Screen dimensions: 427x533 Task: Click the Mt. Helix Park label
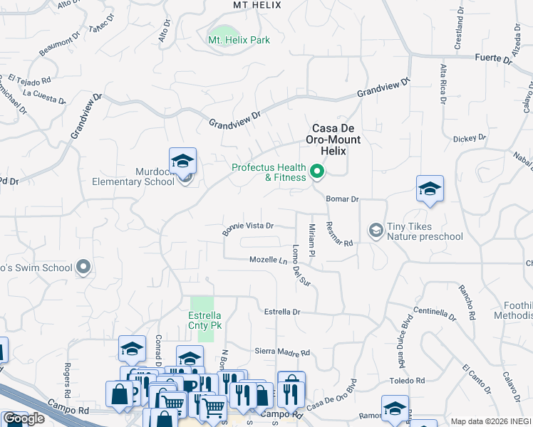(x=239, y=41)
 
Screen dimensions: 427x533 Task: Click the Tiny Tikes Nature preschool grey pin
(x=375, y=230)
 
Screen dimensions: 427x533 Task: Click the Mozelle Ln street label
(x=269, y=260)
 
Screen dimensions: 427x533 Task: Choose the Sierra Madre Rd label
(x=283, y=352)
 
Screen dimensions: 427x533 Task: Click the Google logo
(x=23, y=418)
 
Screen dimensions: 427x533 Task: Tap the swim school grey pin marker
(x=84, y=268)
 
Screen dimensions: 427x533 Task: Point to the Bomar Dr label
(x=342, y=200)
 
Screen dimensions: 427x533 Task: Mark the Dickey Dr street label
(x=470, y=137)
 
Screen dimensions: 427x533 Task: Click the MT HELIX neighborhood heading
(x=257, y=5)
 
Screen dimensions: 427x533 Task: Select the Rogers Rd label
(x=68, y=381)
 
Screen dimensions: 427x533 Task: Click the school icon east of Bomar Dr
(x=430, y=189)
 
